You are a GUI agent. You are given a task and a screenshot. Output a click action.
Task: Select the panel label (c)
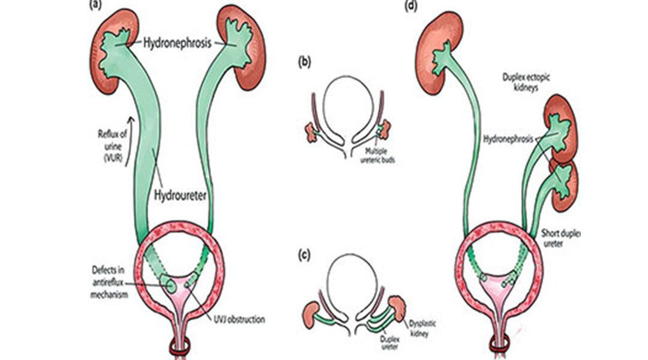(305, 254)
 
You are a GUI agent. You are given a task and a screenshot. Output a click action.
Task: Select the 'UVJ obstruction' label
(239, 320)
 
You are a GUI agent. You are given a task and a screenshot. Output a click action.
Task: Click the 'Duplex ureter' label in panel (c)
(391, 341)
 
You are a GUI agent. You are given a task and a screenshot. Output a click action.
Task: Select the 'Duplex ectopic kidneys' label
(533, 83)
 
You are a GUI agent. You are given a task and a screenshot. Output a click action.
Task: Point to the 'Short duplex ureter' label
(562, 239)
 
